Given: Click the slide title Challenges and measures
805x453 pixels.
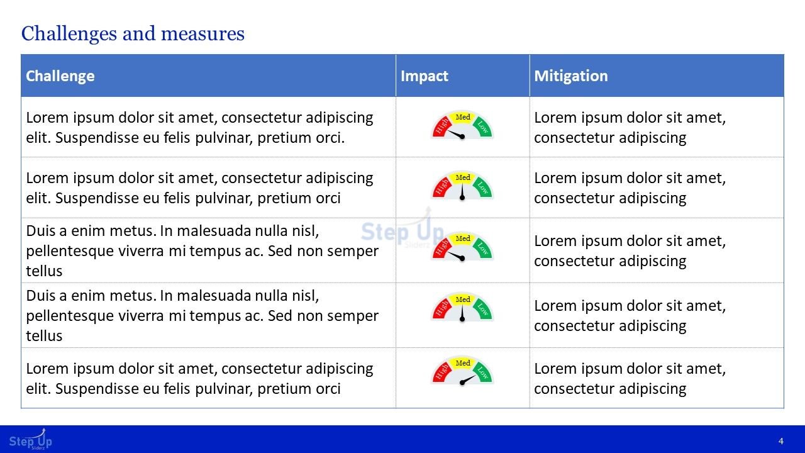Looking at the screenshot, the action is pos(133,34).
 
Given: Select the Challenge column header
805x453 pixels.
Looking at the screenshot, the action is pos(60,76).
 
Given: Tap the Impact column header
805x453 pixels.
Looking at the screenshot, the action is pos(425,76).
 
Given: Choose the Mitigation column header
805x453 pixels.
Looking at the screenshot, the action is pos(571,76).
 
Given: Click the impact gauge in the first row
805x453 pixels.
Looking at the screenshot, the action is pos(462,125).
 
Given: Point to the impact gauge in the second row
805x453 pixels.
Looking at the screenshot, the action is pos(462,186).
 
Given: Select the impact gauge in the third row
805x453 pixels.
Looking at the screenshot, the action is pos(462,247).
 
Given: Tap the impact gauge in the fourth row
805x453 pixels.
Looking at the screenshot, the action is pos(462,308).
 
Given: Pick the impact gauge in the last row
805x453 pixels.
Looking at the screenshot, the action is pos(462,371).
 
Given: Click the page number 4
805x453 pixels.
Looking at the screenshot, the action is pos(781,441).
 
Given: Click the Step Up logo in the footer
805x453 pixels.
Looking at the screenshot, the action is pos(31,439).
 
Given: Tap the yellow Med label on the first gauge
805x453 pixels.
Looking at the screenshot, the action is pos(463,117).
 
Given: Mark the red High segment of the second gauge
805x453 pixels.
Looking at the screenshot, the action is pos(441,187).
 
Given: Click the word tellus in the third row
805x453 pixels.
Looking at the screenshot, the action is pos(44,271).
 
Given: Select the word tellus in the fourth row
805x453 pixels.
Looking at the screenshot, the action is pos(44,336).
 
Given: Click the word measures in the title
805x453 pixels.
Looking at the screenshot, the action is pos(203,34).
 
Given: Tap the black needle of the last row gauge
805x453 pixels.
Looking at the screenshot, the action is pos(468,380).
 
